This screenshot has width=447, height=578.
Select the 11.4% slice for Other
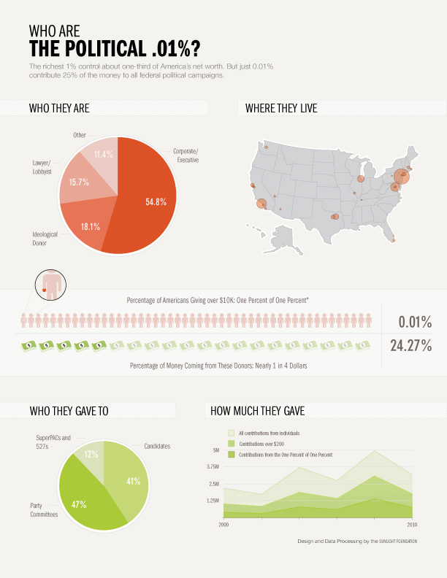click(103, 155)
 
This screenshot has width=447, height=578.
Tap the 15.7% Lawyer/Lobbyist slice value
click(79, 182)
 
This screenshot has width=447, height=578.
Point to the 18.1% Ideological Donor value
click(91, 227)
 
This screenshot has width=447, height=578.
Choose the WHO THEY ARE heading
click(59, 109)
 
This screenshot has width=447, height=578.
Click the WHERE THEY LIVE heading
click(281, 109)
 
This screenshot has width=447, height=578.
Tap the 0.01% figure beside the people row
click(415, 322)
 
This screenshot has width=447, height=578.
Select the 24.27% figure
click(410, 346)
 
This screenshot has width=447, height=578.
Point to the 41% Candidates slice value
click(132, 482)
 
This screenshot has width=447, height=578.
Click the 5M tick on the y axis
click(215, 450)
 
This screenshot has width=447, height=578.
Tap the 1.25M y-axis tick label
click(213, 501)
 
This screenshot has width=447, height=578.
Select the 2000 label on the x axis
click(223, 524)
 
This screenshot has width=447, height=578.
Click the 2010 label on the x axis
click(413, 524)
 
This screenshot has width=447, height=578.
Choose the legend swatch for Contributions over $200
click(232, 444)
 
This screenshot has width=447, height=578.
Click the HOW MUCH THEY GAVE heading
click(257, 411)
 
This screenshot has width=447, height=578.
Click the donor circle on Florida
click(394, 240)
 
